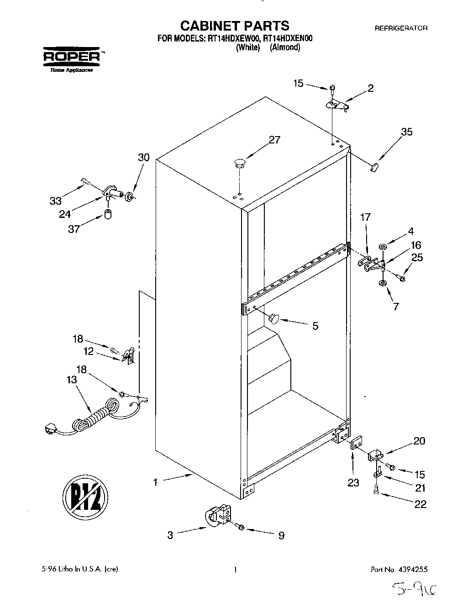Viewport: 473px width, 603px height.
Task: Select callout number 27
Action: pos(274,140)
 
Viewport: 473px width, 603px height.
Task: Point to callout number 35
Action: pos(406,132)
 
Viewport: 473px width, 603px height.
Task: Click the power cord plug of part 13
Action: pos(49,429)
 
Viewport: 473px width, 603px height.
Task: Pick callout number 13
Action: pos(72,379)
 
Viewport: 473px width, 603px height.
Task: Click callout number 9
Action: pos(281,535)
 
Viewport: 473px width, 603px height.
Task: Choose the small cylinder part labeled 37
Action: pos(109,214)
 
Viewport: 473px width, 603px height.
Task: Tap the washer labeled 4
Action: pos(382,247)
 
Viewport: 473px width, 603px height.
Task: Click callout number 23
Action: pos(353,482)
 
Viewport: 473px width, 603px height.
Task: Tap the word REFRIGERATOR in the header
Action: pos(401,28)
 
